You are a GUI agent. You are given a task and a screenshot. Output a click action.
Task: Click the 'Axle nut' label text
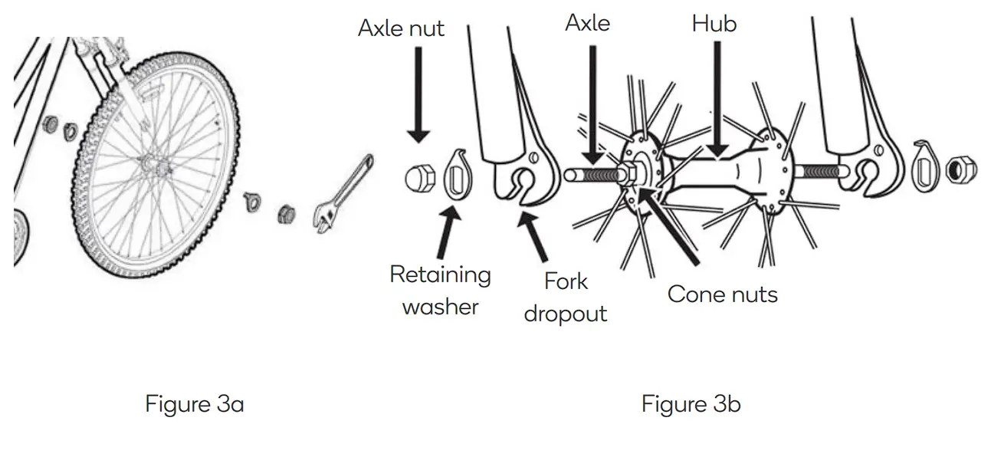401,29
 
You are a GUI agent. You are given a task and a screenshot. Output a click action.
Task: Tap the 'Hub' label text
714,24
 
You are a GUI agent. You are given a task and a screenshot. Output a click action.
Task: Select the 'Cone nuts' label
722,294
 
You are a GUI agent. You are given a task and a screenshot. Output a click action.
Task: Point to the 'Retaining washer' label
440,291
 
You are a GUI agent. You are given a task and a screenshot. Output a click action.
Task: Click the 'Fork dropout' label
566,298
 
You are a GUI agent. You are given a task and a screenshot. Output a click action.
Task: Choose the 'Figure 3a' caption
195,403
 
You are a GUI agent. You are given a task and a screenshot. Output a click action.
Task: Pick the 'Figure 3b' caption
691,403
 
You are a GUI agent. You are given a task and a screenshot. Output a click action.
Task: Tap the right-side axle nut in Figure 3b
961,170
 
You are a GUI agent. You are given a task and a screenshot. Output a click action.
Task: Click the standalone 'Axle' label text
587,23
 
